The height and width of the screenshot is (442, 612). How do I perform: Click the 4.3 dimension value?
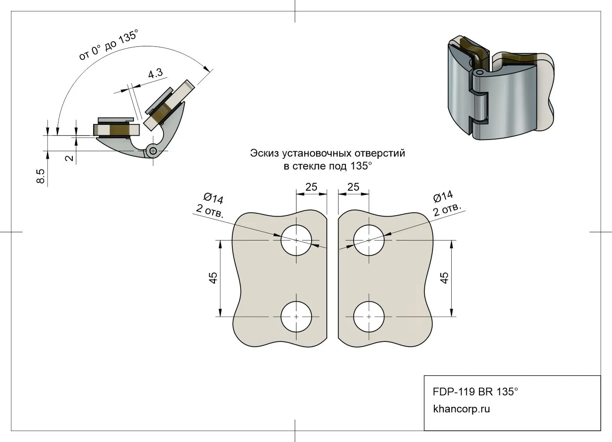(x=155, y=73)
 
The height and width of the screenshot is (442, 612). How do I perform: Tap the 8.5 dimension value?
(x=41, y=176)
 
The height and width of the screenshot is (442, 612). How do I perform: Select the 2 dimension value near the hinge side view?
(x=69, y=157)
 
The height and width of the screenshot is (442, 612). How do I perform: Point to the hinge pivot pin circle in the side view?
(x=152, y=150)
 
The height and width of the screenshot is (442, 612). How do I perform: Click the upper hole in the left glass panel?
(x=296, y=240)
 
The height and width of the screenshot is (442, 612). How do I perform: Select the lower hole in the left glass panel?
(x=296, y=317)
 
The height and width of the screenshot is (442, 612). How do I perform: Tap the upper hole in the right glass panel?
(x=369, y=240)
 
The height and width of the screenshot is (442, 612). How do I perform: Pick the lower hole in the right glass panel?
(x=369, y=317)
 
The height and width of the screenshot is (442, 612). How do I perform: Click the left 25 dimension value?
(x=311, y=187)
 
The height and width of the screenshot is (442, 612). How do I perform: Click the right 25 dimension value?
(x=354, y=187)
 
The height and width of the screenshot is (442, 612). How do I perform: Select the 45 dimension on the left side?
(x=213, y=278)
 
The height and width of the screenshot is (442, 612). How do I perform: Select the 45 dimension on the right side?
(x=445, y=278)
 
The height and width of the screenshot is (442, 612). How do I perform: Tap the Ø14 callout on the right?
(x=443, y=197)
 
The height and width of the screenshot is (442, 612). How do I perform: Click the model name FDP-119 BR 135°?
(x=475, y=391)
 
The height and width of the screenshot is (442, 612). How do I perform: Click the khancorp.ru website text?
(x=461, y=409)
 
